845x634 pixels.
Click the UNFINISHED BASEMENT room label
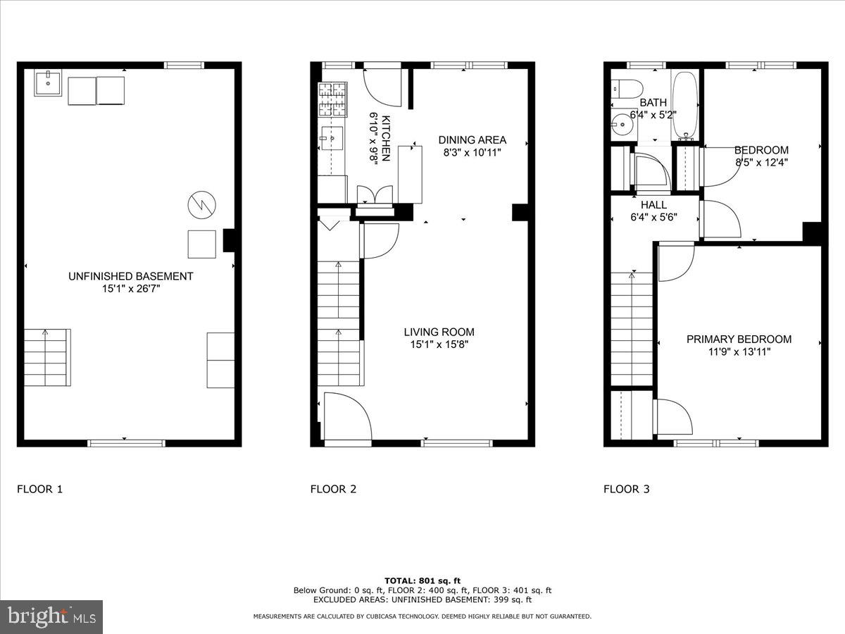(130, 276)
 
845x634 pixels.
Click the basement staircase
(47, 357)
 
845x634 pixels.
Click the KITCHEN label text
(386, 137)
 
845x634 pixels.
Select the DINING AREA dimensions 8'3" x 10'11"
(472, 152)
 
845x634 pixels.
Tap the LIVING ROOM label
(439, 332)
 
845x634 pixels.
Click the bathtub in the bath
(684, 106)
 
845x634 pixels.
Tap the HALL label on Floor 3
(653, 205)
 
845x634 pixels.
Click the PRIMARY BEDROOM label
(739, 339)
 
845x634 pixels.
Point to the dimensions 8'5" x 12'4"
(761, 162)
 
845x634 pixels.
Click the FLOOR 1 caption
(39, 489)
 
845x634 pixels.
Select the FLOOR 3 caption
(626, 489)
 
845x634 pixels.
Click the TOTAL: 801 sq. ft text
(422, 580)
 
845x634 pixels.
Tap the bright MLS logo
(51, 617)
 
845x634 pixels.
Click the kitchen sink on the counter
(332, 139)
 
